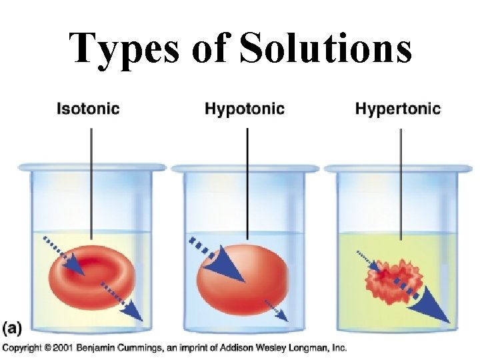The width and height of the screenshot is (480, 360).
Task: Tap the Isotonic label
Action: click(x=88, y=108)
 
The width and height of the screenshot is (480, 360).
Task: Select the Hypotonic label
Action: click(x=245, y=108)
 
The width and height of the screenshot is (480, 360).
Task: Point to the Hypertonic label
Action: click(x=398, y=108)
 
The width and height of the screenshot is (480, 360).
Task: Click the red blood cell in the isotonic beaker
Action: click(x=91, y=275)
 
